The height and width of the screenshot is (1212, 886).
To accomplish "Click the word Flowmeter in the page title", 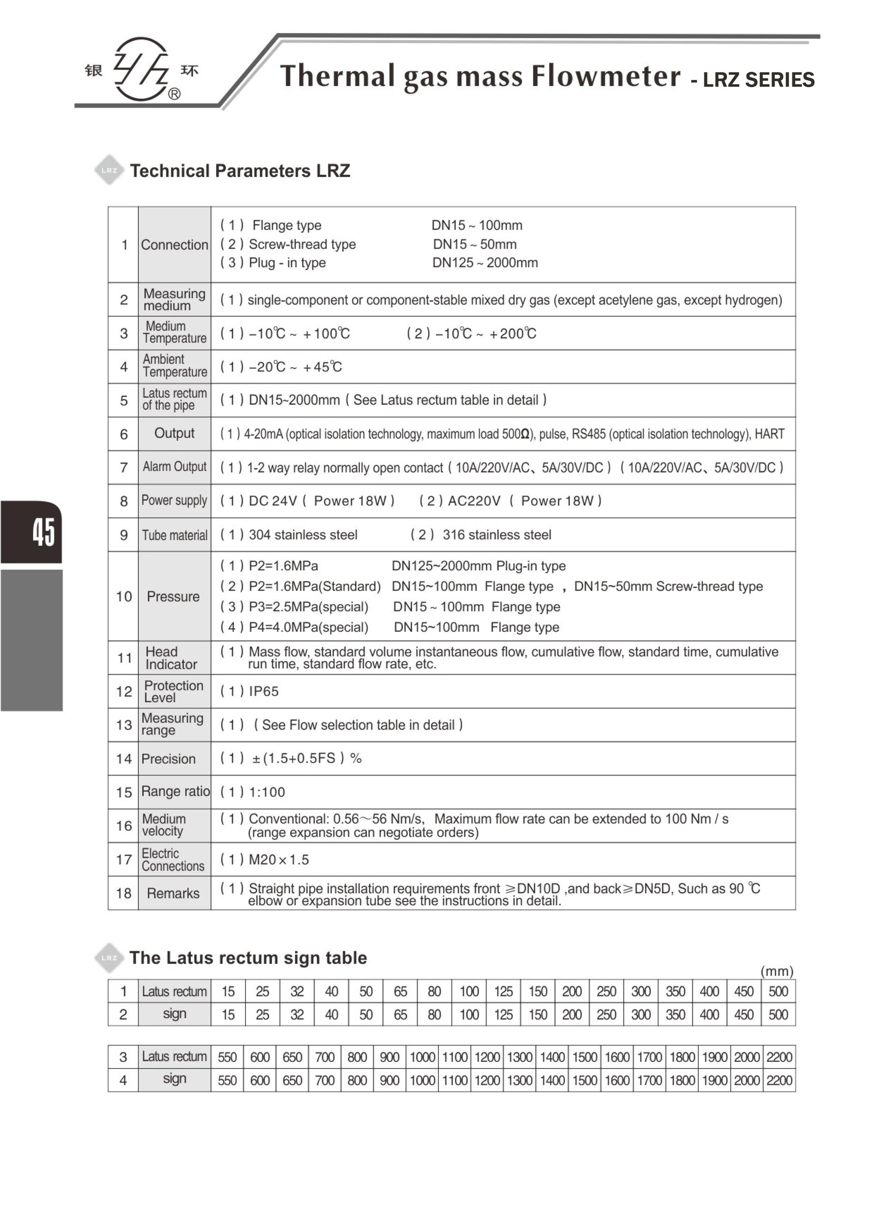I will (605, 76).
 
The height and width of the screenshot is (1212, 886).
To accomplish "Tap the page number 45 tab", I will (43, 532).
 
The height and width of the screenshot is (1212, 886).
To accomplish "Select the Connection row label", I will (174, 245).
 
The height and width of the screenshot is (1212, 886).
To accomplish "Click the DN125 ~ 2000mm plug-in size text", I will (485, 263).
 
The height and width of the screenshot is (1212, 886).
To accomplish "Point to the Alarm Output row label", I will (174, 467).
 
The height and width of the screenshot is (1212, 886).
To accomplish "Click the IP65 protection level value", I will (263, 691).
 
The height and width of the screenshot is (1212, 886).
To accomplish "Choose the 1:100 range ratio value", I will (267, 792).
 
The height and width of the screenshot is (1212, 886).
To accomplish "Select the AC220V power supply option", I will (473, 501).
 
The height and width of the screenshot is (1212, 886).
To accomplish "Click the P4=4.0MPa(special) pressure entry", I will (308, 627).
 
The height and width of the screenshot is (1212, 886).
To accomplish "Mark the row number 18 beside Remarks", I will (123, 893).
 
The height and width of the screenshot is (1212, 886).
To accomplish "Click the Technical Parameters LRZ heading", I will (240, 171).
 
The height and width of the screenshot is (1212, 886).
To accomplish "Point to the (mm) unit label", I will (776, 971).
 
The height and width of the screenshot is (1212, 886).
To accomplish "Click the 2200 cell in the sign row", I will (779, 1080).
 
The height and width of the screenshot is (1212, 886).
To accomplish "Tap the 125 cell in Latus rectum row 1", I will (503, 991).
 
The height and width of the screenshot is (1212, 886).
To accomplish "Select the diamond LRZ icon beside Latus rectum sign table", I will (109, 957).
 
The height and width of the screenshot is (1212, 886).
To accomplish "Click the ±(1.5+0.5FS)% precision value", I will (307, 758).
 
